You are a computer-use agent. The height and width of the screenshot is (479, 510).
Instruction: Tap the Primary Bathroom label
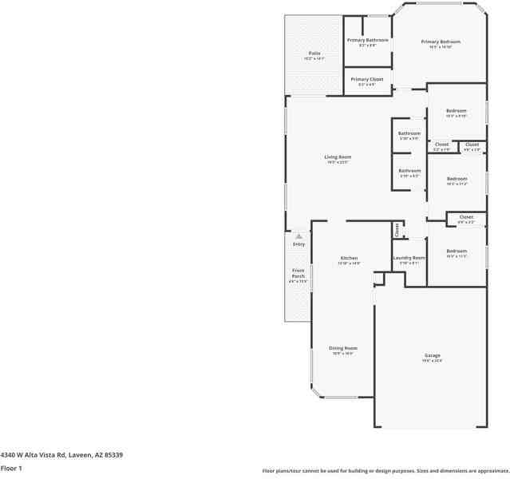[x=367, y=40]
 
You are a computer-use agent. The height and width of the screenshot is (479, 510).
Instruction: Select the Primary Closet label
[x=367, y=80]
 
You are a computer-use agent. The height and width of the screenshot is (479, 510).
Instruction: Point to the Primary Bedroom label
[x=441, y=42]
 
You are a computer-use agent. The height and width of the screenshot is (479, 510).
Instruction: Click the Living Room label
[x=337, y=157]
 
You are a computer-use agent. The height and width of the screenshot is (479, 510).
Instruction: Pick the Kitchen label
[x=349, y=259]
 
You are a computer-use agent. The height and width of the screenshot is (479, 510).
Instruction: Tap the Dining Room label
[x=343, y=348]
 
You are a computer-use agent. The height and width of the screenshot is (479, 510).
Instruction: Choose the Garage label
[x=432, y=355]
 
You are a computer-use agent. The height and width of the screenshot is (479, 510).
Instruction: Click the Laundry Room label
[x=409, y=258]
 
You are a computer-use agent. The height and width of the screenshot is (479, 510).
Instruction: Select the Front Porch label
[x=298, y=273]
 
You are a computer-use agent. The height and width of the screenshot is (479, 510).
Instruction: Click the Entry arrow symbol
[x=298, y=236]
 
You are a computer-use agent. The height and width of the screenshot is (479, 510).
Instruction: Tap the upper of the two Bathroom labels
[x=409, y=133]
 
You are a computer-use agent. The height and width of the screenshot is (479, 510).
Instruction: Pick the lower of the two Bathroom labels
[x=409, y=170]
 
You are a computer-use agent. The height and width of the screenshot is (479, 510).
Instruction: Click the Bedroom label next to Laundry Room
[x=457, y=251]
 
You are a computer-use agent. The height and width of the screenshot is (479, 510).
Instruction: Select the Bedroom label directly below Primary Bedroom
[x=457, y=111]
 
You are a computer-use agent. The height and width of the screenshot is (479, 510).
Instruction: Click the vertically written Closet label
[x=397, y=230]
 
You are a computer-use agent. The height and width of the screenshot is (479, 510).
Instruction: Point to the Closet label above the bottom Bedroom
[x=466, y=217]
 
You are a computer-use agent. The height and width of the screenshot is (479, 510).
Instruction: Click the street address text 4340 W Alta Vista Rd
[x=61, y=454]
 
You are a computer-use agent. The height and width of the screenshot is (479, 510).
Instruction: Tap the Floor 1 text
[x=11, y=468]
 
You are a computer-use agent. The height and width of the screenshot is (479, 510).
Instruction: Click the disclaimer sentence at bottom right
[x=385, y=470]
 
